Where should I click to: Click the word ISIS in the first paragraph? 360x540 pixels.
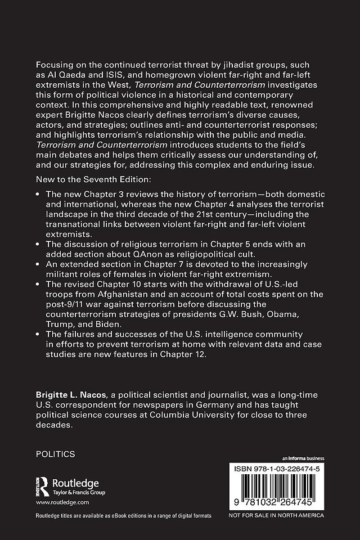[x=110, y=75]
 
